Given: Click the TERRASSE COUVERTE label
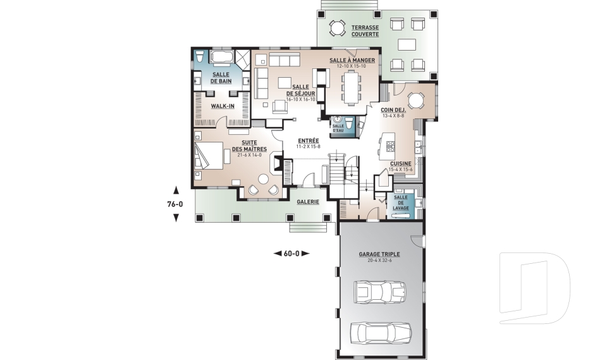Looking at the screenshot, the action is tap(365, 31).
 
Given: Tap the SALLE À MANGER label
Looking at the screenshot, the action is tap(352, 61).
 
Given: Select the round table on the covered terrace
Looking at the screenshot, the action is tap(337, 28).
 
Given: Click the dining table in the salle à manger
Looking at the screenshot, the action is tap(352, 89).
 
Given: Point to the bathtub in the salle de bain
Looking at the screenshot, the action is tap(221, 56).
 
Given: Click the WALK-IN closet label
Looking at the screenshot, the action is tap(223, 106).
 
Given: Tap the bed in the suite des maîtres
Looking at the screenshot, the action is tap(209, 156).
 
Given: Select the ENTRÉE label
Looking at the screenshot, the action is tap(309, 140).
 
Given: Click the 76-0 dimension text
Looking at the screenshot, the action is tap(175, 204).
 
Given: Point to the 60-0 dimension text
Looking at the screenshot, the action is tap(291, 254).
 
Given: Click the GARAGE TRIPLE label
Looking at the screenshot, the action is tap(379, 254).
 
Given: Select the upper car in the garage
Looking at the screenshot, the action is tap(380, 292).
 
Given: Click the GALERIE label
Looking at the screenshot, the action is tap(308, 202).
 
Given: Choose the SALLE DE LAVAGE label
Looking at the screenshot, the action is tap(401, 202).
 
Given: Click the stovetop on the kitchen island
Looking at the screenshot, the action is tap(390, 147).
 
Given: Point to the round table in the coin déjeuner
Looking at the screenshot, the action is tap(417, 101).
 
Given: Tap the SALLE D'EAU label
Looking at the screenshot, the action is tap(338, 128).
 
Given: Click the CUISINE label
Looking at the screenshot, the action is tap(401, 164).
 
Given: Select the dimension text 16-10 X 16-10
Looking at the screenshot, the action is tap(301, 99).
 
